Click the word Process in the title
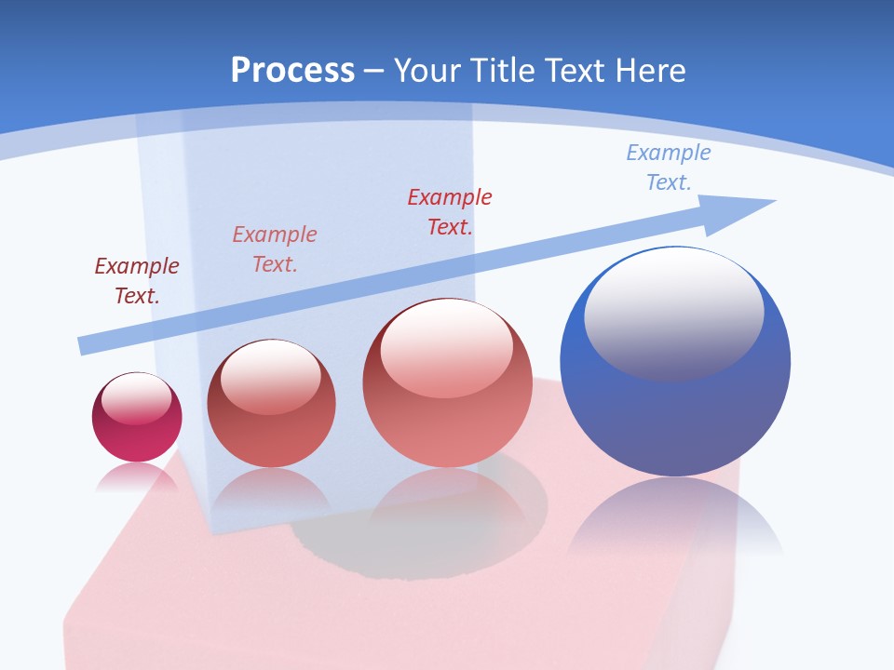click(292, 71)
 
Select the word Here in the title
click(649, 71)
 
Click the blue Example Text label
click(668, 167)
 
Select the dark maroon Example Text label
click(137, 280)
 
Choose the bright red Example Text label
click(450, 211)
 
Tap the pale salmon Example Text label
click(275, 248)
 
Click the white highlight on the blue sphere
click(673, 312)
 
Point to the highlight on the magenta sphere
click(136, 399)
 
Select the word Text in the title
click(577, 71)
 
